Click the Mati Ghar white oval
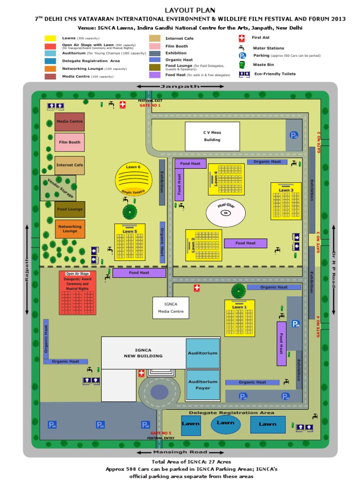[225, 213]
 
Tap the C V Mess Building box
[212, 136]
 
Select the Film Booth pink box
[70, 142]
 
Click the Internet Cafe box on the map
[70, 165]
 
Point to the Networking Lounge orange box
[70, 229]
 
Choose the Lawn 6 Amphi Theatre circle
[134, 179]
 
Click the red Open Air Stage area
[77, 293]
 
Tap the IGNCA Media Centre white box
[171, 308]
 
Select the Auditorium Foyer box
[203, 385]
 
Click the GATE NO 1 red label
[150, 105]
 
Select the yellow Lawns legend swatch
[50, 38]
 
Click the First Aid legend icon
[242, 38]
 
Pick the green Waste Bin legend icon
[242, 65]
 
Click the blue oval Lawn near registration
[225, 424]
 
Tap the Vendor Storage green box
[58, 188]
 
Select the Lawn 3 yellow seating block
[286, 201]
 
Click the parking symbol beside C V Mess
[293, 135]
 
